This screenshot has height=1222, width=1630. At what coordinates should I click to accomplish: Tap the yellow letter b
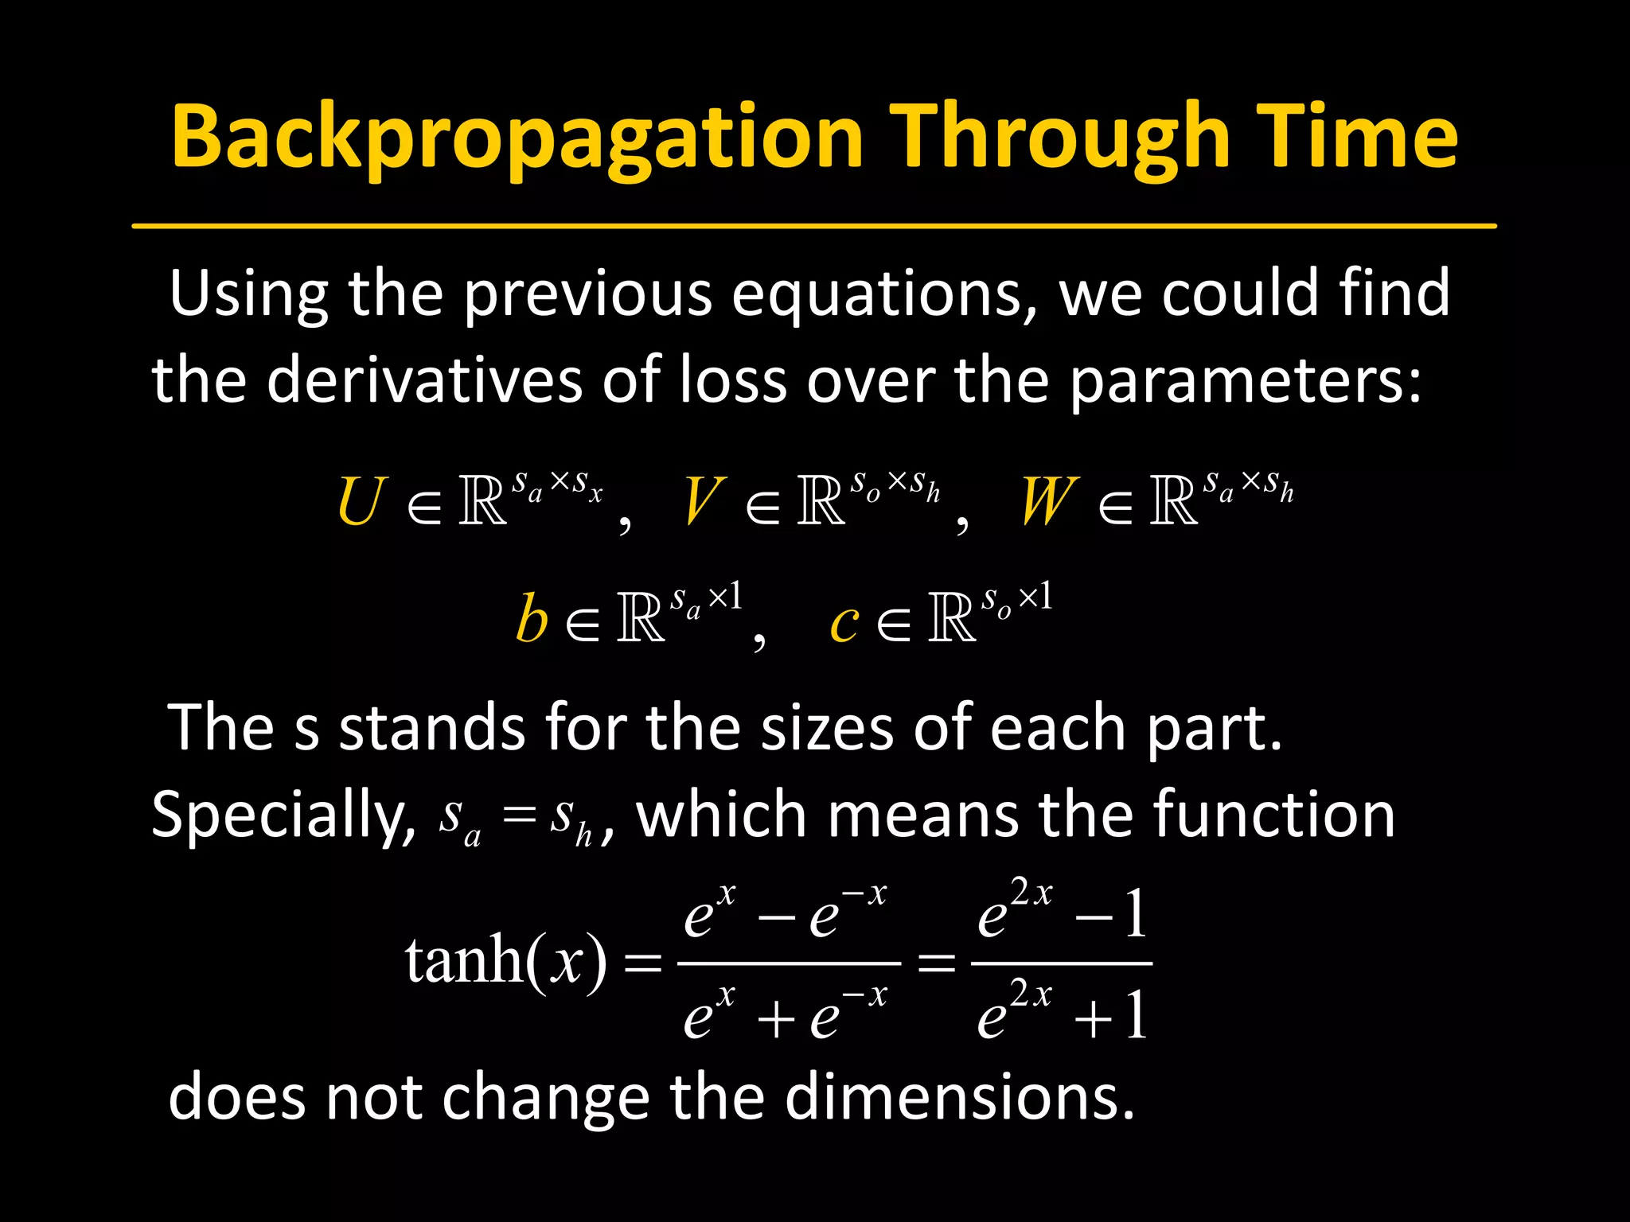(532, 619)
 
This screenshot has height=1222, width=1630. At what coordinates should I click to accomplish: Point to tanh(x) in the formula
(505, 960)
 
